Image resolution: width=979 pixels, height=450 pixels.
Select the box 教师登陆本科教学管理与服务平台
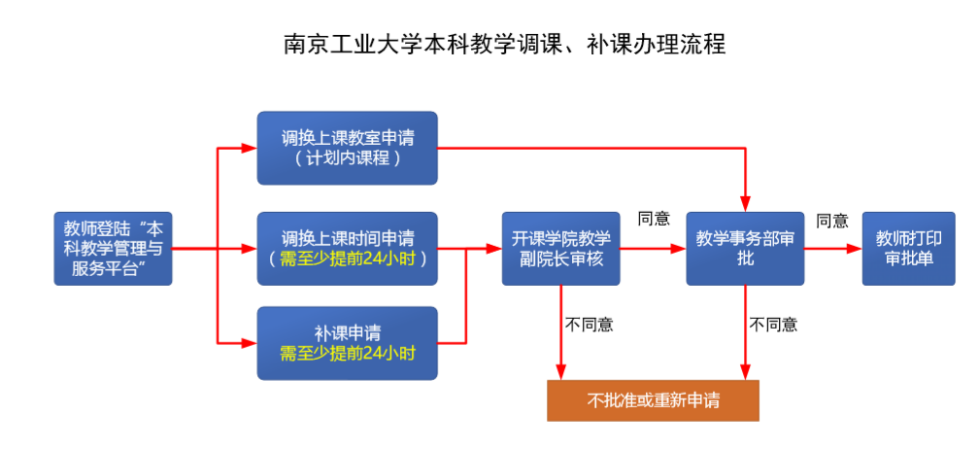click(x=113, y=249)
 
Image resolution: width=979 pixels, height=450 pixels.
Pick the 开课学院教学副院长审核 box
click(x=560, y=249)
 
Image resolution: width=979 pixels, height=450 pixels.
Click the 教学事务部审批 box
click(x=745, y=249)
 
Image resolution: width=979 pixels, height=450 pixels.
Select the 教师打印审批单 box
click(x=908, y=249)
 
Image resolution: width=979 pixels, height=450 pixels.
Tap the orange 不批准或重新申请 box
click(x=653, y=401)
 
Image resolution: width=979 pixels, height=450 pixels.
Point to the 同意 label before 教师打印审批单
click(x=832, y=221)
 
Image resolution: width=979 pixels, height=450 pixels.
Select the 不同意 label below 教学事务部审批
click(x=773, y=325)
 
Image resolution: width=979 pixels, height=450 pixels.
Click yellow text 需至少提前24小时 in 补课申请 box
click(x=347, y=353)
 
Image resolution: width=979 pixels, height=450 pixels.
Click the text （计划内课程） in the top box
click(x=347, y=157)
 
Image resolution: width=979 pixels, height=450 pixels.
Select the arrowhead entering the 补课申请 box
click(x=250, y=343)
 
